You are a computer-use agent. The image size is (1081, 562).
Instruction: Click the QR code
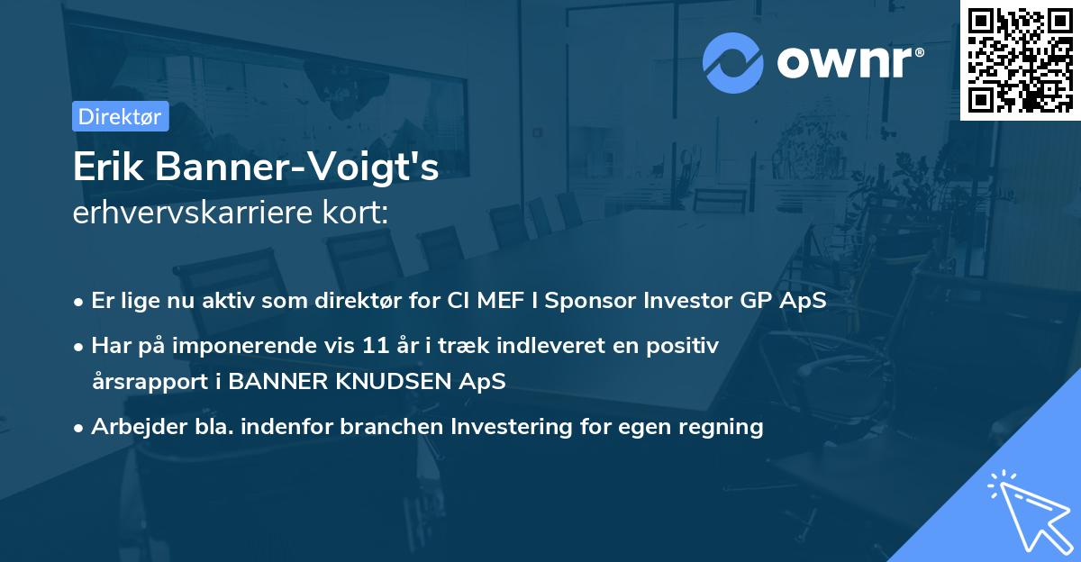(1021, 60)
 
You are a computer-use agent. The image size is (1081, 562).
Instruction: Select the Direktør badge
(120, 116)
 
